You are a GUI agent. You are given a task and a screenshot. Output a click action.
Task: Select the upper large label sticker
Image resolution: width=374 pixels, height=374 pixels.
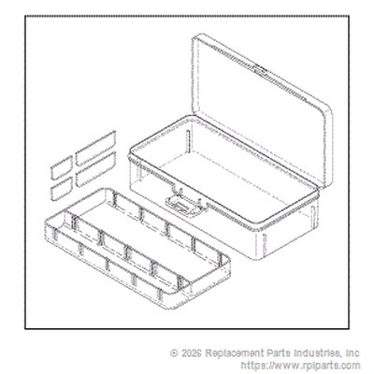[x=95, y=148]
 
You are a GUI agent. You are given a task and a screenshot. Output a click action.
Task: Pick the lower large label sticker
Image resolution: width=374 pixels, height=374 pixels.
[x=95, y=169]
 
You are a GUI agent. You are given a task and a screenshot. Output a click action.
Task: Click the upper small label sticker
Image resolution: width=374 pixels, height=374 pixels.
[x=62, y=167]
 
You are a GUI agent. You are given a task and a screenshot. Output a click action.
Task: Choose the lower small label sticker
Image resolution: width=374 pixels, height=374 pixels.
[x=62, y=189]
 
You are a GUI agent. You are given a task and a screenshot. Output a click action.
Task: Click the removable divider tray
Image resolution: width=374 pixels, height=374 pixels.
[x=137, y=248]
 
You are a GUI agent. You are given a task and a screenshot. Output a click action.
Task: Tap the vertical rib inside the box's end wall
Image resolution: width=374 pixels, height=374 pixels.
[x=188, y=142]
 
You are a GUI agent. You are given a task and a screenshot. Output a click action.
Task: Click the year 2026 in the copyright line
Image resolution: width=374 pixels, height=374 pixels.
[x=191, y=353]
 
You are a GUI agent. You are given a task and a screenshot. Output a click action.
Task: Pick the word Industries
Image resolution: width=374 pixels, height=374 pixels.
[x=318, y=353]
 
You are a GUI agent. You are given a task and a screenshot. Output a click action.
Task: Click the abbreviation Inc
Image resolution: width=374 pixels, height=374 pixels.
[x=352, y=353]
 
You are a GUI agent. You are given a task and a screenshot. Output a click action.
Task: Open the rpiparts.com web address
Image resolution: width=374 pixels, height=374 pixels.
[x=300, y=365]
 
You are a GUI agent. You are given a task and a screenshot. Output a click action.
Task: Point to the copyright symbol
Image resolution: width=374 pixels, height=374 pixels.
[x=174, y=353]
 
